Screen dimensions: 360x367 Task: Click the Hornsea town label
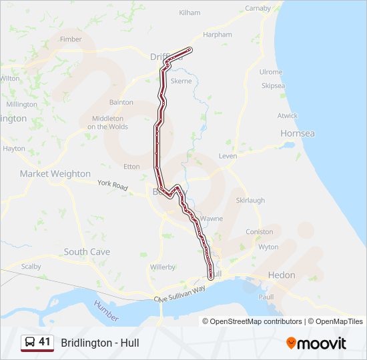coord(298,133)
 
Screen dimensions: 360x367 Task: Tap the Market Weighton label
coord(55,173)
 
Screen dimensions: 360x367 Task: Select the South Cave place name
coord(87,252)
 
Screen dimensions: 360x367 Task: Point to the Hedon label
coord(281,275)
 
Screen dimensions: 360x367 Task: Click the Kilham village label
coord(190,13)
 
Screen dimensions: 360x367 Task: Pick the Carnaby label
coord(258,9)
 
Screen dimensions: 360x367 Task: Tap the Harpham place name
coord(218,35)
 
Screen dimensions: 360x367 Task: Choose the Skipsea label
coord(273,86)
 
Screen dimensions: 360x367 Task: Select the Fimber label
coord(71,39)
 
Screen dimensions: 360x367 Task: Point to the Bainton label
coord(121,103)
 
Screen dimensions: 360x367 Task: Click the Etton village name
coord(131,167)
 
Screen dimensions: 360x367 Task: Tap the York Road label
coord(112,185)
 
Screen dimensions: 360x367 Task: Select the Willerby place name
coord(162,267)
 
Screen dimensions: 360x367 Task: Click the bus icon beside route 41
coord(30,343)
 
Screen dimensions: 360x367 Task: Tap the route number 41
coord(45,342)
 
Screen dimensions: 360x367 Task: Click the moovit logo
coord(316,343)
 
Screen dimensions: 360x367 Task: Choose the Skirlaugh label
coord(250,200)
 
